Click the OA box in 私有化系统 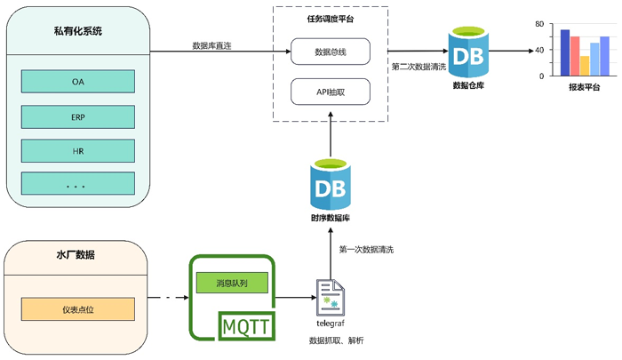pos(78,81)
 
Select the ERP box pos(78,116)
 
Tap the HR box pos(78,151)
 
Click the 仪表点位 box pos(78,308)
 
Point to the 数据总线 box pos(331,52)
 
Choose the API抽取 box pos(331,91)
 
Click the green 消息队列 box pos(231,284)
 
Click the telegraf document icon pos(330,297)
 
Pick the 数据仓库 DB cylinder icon pos(468,52)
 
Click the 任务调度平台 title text pos(331,19)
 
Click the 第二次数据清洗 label pos(417,66)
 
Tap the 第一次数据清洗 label pos(366,250)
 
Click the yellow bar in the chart pos(585,68)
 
